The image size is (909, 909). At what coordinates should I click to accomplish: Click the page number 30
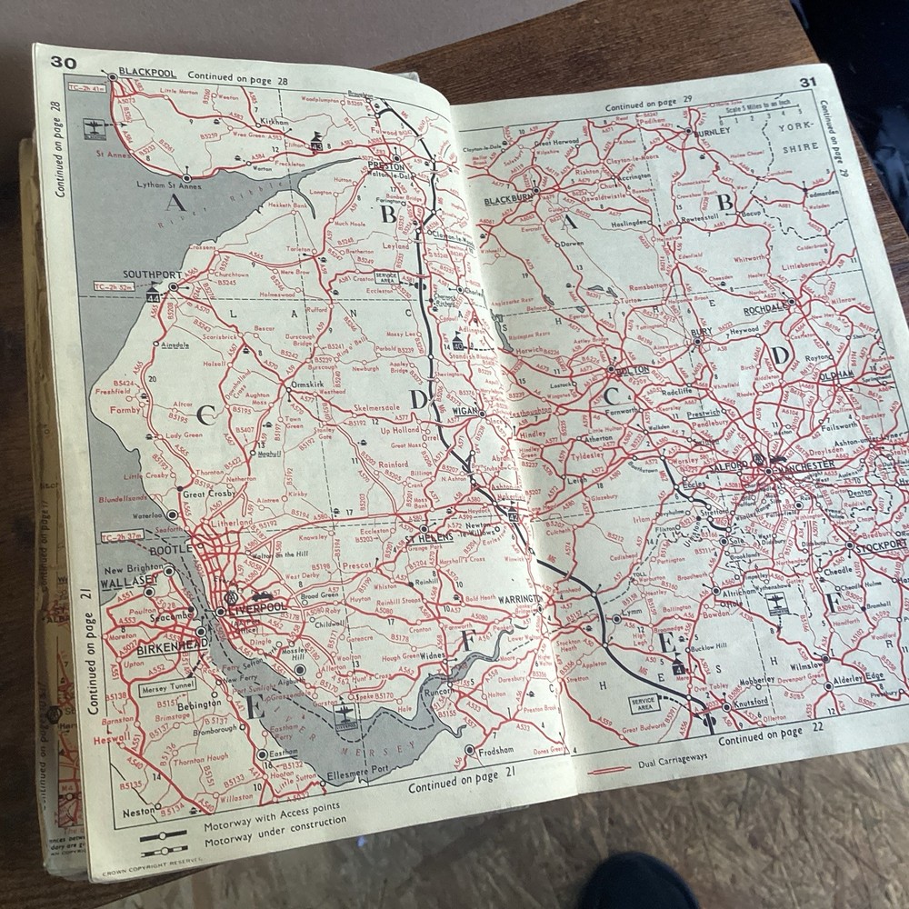(63, 62)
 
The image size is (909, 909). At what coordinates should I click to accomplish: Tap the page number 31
(807, 83)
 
